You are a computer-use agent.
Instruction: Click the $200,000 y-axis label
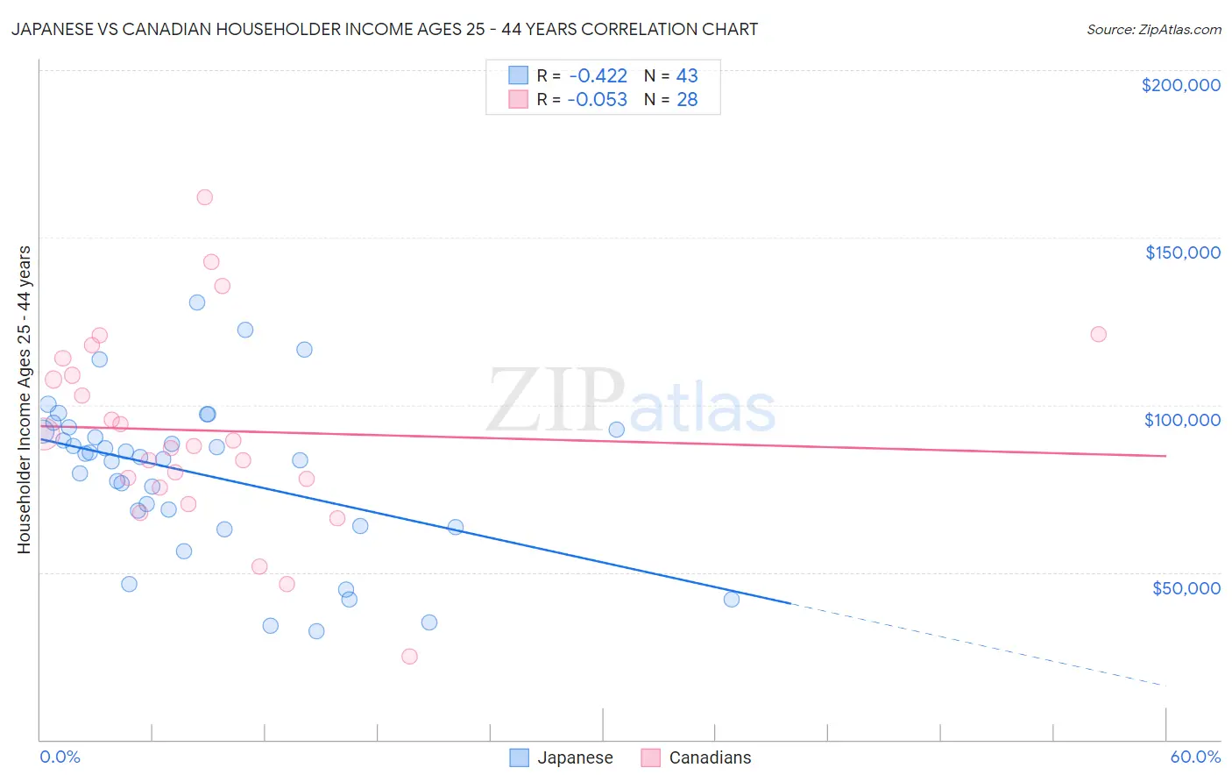click(1180, 85)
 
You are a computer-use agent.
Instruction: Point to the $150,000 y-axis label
click(1182, 252)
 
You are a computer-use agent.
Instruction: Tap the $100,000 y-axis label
click(1182, 420)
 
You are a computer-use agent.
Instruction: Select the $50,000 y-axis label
click(1186, 587)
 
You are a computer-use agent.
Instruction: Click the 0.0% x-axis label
click(60, 757)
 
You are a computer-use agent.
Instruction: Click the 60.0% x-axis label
click(1195, 757)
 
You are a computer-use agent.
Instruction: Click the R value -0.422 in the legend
click(598, 75)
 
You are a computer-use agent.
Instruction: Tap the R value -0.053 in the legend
click(598, 99)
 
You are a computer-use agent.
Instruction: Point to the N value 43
click(687, 75)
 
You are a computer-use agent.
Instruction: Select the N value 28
click(687, 99)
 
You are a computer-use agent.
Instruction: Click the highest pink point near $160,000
click(204, 197)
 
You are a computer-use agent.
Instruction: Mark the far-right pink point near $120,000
click(1098, 334)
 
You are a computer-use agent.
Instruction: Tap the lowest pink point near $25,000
click(409, 656)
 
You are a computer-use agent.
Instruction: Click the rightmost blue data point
click(732, 600)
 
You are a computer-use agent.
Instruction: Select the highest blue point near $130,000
click(197, 302)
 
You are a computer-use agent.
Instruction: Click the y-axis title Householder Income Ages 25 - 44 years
click(24, 400)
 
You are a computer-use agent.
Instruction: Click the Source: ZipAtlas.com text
click(1153, 30)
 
